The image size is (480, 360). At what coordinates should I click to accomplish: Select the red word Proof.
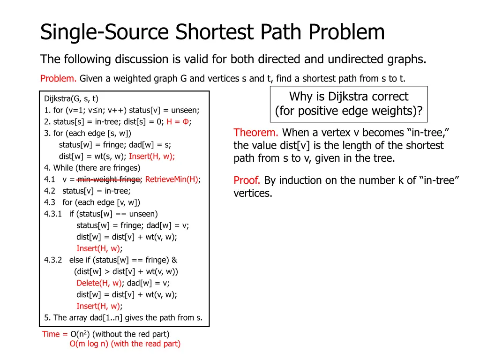pos(247,180)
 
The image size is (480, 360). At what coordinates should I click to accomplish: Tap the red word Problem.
pos(59,78)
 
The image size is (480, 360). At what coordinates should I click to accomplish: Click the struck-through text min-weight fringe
pos(109,179)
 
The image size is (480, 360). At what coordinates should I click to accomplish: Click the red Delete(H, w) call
pos(98,283)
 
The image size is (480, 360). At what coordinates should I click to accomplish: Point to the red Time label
pos(51,334)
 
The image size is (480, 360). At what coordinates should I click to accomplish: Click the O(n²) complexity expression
pos(80,334)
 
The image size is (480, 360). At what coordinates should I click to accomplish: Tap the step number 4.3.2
pos(54,260)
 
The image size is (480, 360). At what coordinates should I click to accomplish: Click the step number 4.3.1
pos(54,214)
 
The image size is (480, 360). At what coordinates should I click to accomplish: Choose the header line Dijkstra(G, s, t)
pos(71,98)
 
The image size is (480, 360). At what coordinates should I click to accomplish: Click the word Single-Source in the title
pos(105,33)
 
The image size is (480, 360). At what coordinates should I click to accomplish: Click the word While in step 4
pos(63,168)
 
